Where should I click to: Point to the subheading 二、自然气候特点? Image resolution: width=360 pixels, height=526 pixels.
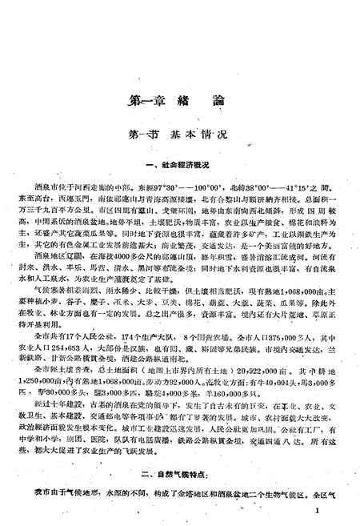click(x=183, y=475)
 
